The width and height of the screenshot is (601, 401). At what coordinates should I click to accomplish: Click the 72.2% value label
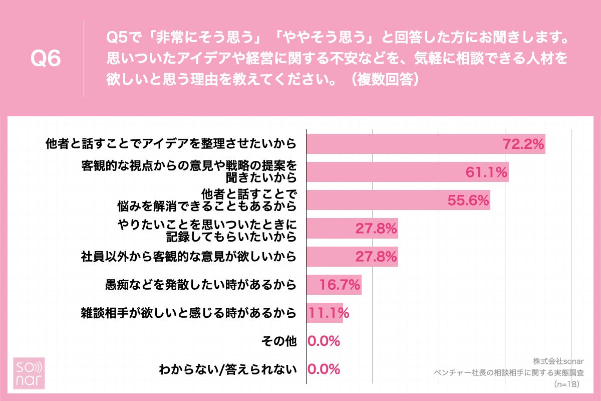click(523, 144)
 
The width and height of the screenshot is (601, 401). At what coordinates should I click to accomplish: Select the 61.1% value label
click(487, 172)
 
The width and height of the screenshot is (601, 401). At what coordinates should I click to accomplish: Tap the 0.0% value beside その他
click(324, 341)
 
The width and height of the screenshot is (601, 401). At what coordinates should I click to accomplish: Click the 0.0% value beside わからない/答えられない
click(324, 369)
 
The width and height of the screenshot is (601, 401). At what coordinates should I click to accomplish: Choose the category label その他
click(279, 341)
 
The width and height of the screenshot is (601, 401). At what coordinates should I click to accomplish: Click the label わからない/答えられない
click(228, 370)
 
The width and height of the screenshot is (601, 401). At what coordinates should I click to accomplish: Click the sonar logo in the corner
click(28, 373)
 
